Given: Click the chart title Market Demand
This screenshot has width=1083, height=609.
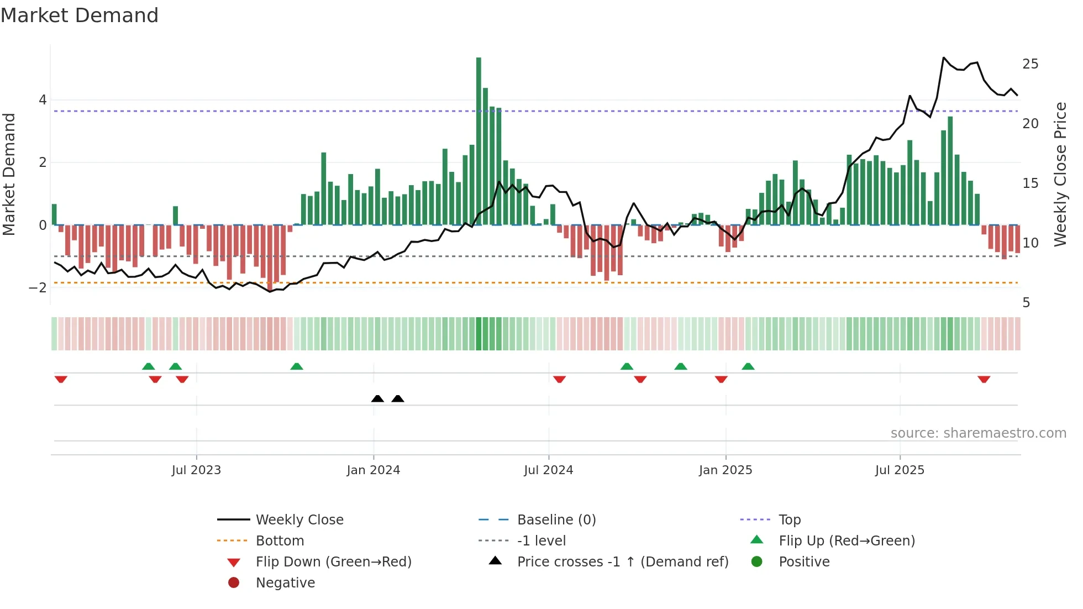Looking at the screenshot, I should (x=80, y=15).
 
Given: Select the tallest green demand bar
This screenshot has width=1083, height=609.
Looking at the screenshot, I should (x=479, y=141).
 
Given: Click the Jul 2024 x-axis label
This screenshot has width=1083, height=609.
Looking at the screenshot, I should (x=548, y=470).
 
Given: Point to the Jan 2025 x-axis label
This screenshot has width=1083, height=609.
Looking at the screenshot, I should (x=725, y=470).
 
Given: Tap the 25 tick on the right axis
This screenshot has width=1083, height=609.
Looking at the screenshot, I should (x=1030, y=64).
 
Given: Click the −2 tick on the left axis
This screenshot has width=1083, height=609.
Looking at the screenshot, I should (x=38, y=288).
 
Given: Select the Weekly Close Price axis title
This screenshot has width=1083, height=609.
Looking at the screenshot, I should (x=1060, y=174).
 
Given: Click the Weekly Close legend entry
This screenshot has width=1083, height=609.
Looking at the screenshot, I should (x=299, y=520).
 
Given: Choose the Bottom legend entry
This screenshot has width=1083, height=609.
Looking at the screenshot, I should (x=280, y=541).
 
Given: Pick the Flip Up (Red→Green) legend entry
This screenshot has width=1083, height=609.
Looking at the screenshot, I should (x=847, y=541).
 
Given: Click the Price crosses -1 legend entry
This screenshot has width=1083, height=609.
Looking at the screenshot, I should (x=622, y=562).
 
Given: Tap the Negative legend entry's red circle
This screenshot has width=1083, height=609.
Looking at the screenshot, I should (x=234, y=583).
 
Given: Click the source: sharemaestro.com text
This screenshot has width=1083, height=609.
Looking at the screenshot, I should (x=978, y=433).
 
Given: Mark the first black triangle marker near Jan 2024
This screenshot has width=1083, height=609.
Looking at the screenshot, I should (x=377, y=398).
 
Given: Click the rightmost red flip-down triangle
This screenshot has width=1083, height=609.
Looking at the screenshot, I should (x=984, y=380).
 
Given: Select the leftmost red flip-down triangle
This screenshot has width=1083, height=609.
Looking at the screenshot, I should (x=61, y=380).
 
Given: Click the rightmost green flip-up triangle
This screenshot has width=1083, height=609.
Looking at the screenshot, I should (x=748, y=366).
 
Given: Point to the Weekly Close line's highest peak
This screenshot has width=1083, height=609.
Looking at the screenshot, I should (x=944, y=58).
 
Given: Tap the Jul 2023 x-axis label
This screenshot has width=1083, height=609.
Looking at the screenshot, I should (x=196, y=470).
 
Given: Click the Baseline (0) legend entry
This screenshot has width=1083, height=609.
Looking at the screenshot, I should (x=556, y=520).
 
